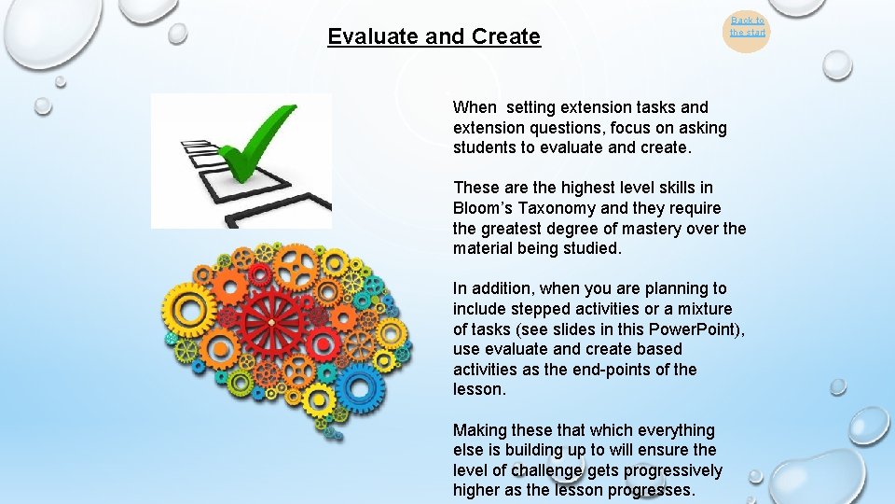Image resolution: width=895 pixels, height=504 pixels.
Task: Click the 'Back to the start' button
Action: pyautogui.click(x=747, y=26)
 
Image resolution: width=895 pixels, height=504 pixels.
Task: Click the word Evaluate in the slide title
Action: pyautogui.click(x=374, y=37)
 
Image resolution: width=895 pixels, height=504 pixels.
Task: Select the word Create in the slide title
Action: pyautogui.click(x=506, y=37)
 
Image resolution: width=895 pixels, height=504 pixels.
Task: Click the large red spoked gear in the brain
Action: pyautogui.click(x=271, y=321)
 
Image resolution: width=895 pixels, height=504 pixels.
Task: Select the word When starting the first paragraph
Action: pyautogui.click(x=475, y=107)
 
